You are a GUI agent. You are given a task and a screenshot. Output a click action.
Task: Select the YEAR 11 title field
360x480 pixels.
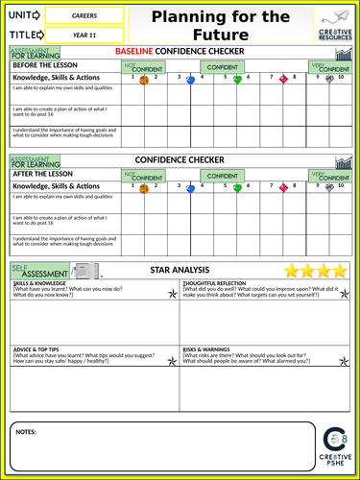pos(84,36)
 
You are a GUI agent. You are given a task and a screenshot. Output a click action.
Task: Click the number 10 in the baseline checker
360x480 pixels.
pos(341,76)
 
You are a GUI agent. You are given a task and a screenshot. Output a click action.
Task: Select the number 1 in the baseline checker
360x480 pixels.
pos(145,76)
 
